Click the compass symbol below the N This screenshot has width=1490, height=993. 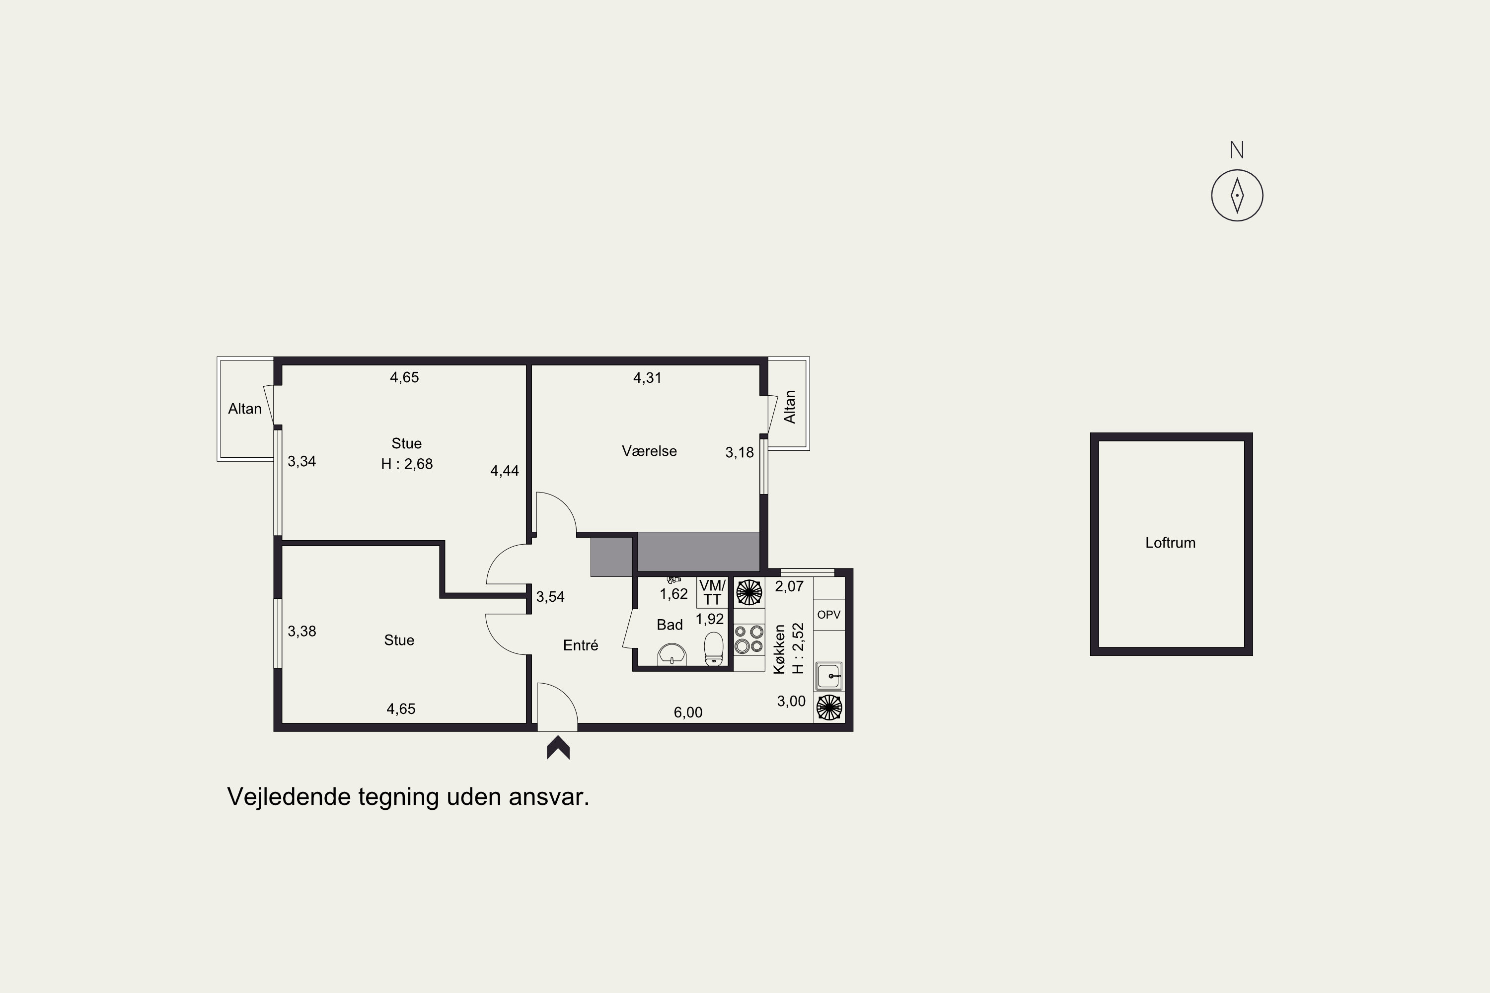pos(1237,195)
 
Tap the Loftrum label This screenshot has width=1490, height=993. pos(1170,543)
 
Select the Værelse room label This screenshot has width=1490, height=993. pos(649,451)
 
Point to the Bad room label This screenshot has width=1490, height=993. pos(670,625)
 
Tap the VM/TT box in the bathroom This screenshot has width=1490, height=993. pos(712,592)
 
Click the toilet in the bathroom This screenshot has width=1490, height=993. pos(714,648)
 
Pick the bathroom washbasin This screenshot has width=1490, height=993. pos(671,654)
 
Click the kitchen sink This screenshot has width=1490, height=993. pos(828,676)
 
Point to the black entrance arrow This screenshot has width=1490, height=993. pos(558,747)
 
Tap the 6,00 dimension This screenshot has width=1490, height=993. pos(688,712)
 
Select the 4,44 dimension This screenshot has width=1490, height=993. pos(504,471)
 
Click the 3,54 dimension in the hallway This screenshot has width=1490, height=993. pos(550,597)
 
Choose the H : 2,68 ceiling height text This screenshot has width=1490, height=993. pos(407,464)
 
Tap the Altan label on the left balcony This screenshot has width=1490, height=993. pos(244,409)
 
